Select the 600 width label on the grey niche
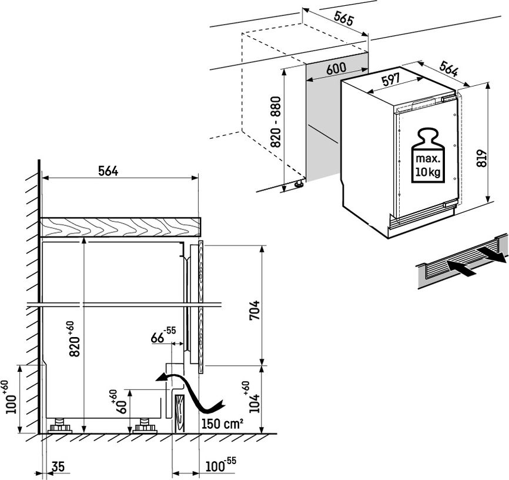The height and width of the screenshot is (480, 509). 336,69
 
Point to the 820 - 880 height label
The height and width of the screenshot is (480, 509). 276,122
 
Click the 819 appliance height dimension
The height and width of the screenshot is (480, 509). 482,158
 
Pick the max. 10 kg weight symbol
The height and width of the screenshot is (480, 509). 428,155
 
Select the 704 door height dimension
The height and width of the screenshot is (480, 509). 254,310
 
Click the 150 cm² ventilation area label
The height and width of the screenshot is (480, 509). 222,424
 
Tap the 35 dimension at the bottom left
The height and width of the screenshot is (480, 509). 58,466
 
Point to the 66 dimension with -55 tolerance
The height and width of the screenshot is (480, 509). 163,336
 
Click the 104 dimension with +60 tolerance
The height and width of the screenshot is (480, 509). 253,397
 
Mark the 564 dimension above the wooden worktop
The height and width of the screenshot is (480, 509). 108,171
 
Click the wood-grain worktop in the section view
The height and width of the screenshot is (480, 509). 119,226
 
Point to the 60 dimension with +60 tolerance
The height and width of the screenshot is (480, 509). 120,402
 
